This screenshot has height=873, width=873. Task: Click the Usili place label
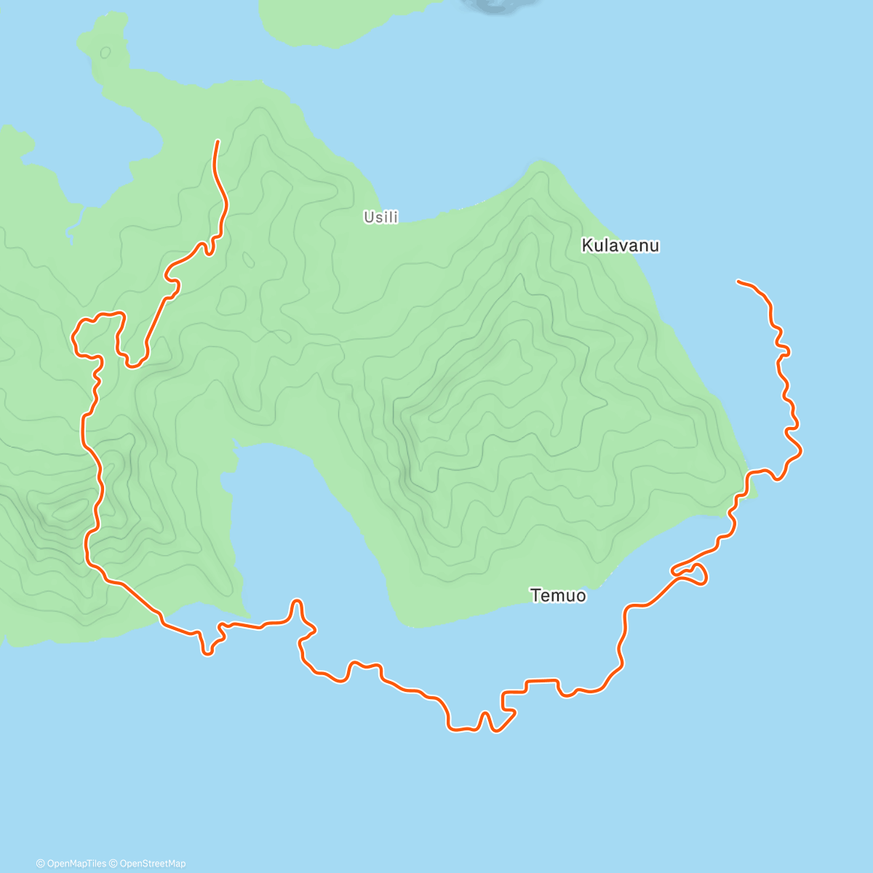(381, 217)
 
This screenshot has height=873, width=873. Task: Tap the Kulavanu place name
(620, 246)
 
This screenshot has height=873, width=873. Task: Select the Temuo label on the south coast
(558, 596)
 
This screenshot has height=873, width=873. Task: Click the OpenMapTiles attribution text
(76, 864)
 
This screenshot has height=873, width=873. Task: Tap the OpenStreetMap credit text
(153, 864)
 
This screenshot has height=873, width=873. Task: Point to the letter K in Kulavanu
(586, 246)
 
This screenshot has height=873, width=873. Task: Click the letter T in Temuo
(535, 596)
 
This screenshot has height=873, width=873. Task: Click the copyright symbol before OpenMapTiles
(40, 864)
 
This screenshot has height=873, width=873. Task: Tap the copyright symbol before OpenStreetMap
(114, 864)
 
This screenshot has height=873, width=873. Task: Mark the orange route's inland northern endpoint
(218, 141)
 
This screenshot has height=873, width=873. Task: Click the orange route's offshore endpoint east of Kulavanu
(738, 281)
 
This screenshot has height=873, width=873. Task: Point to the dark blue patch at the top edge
(495, 4)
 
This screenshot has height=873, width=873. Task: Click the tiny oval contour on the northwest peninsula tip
(105, 52)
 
